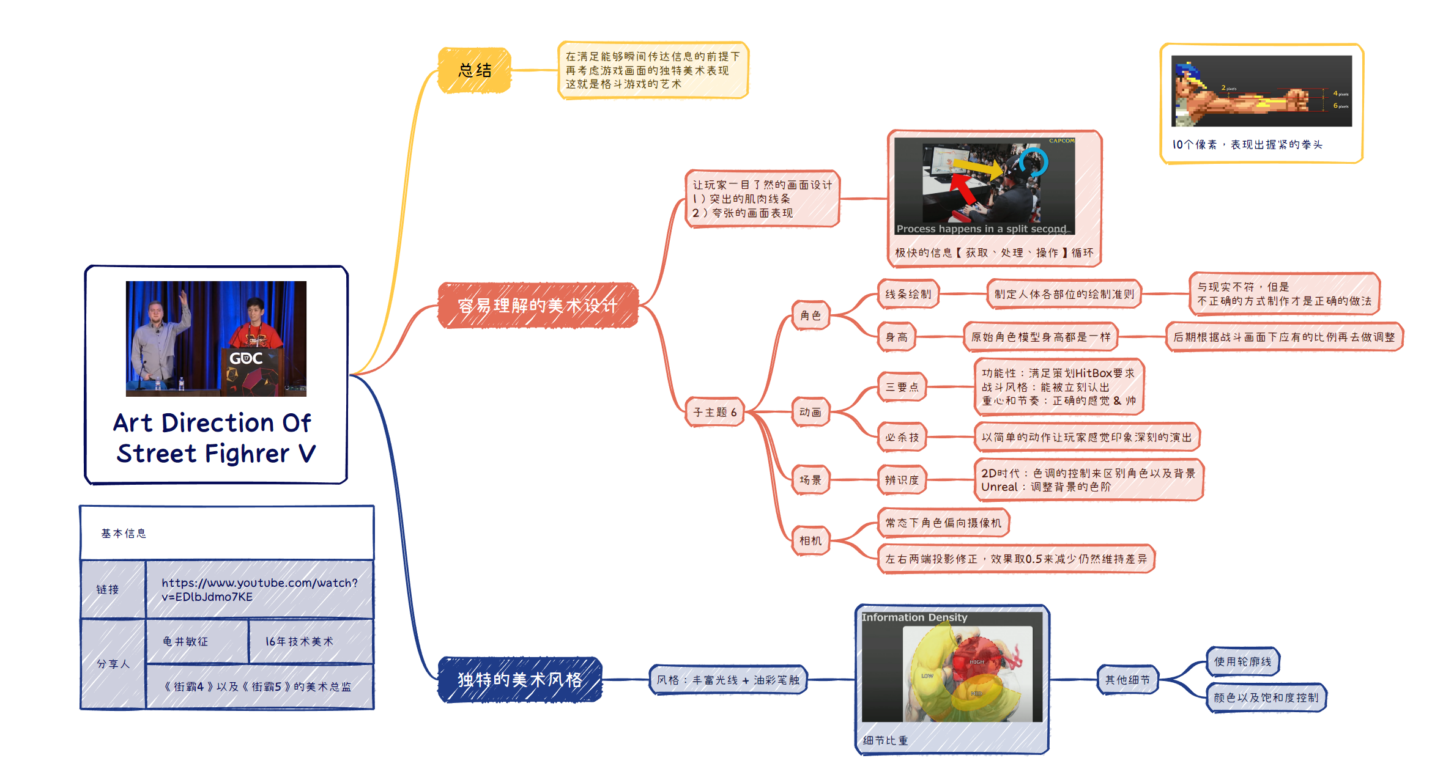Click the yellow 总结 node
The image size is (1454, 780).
pos(475,70)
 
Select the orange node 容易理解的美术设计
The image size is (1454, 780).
pos(538,305)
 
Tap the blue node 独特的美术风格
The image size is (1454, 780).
pos(520,679)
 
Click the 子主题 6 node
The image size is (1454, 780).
pos(714,412)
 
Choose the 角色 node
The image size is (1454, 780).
pos(810,315)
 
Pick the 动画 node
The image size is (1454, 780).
pos(810,412)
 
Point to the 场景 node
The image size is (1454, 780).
pos(810,480)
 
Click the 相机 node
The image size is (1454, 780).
pos(810,540)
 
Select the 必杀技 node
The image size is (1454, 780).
pos(902,437)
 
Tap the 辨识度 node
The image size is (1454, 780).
pos(902,480)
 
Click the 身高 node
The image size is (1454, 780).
pos(897,337)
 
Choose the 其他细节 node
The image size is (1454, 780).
pos(1127,679)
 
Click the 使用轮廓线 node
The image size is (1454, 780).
pos(1242,661)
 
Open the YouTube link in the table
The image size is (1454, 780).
pos(259,589)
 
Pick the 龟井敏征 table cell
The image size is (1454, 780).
pos(185,641)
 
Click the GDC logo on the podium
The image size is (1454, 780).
pos(246,358)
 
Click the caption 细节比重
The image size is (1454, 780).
pos(885,740)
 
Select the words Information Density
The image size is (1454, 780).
pos(914,617)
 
